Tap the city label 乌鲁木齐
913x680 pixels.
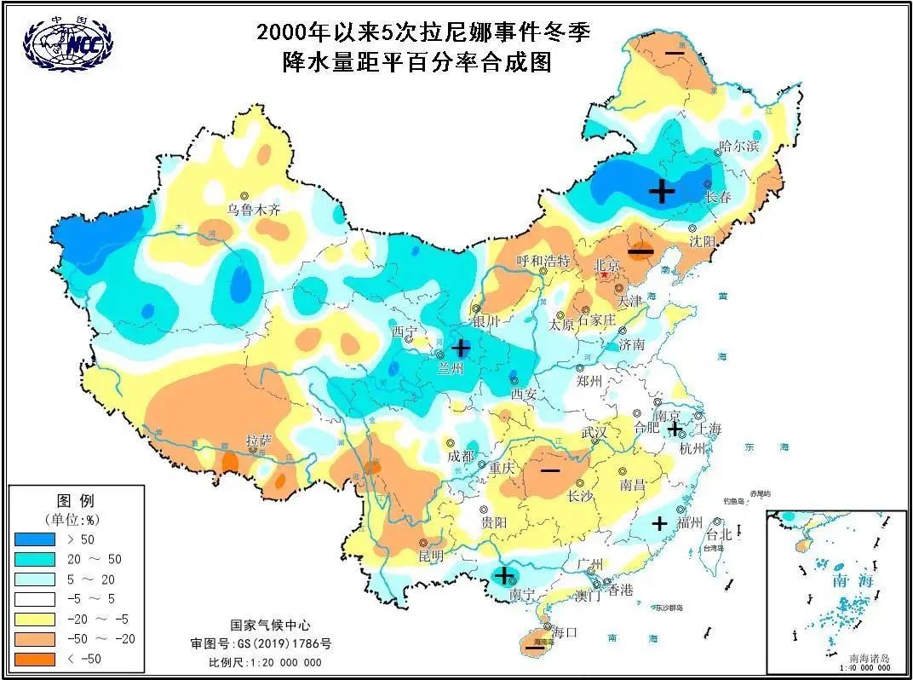(x=253, y=210)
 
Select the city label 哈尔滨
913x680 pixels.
(x=738, y=146)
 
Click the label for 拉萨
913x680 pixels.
(x=259, y=441)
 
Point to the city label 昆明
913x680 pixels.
(x=431, y=556)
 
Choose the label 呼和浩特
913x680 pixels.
(x=543, y=260)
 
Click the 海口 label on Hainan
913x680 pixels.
(x=565, y=632)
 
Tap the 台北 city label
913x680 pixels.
(x=720, y=535)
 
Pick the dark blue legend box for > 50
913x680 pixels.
(x=33, y=539)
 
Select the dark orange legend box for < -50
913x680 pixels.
(x=33, y=659)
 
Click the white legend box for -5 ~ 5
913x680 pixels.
(x=33, y=599)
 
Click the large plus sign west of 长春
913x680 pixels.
(x=662, y=191)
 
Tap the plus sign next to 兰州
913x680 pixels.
(x=461, y=348)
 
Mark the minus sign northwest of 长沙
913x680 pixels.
(x=550, y=470)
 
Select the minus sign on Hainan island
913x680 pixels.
(x=535, y=648)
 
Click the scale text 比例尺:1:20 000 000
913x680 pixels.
(x=266, y=662)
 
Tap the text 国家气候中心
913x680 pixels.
(x=267, y=625)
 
